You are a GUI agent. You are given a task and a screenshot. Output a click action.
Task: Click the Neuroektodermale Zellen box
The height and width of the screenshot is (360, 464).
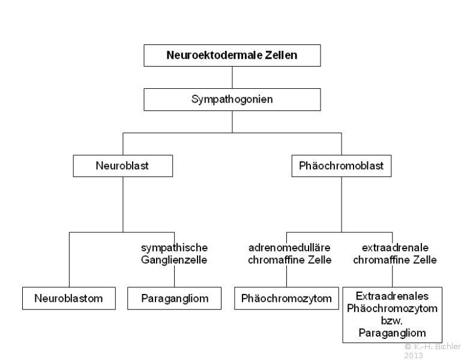pos(232,55)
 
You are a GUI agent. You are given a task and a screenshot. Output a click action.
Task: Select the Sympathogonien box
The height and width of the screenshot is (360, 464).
pos(232,100)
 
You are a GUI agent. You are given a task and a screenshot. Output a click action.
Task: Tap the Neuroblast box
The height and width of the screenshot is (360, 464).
pos(123,166)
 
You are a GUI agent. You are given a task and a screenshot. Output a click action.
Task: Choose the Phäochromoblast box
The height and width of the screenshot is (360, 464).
pos(342,166)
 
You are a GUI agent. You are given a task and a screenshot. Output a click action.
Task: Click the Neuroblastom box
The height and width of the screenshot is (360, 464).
pos(69,298)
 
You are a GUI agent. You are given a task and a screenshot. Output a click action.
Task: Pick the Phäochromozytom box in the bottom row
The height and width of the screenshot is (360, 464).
pos(286,298)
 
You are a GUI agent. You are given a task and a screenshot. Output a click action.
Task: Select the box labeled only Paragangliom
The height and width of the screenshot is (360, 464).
pos(174,298)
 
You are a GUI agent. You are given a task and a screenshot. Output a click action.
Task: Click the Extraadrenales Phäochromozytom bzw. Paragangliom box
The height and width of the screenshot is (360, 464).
pos(393,315)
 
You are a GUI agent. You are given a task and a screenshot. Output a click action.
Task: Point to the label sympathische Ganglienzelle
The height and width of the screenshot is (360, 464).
pos(174,254)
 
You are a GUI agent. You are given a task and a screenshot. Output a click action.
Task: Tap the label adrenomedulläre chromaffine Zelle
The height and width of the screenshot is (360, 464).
pos(290,254)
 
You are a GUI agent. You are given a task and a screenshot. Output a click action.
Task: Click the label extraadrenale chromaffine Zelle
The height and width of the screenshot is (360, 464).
pos(395,254)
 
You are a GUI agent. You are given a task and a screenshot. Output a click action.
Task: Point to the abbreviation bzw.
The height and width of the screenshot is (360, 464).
pos(392,320)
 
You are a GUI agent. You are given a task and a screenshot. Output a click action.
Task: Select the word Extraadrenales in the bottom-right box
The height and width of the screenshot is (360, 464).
pos(392,296)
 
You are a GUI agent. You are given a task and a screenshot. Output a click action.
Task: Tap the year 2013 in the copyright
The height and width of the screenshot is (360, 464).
pos(414,355)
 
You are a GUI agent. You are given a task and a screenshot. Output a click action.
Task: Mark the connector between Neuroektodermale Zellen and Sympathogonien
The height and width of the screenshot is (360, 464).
pos(232,77)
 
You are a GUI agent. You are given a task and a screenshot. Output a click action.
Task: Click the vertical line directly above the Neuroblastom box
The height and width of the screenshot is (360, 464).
pos(69,260)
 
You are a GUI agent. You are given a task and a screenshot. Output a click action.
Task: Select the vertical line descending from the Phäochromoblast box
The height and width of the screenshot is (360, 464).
pos(342,205)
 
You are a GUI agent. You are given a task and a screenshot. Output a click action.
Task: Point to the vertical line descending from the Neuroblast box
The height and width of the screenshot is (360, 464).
pos(123,205)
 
